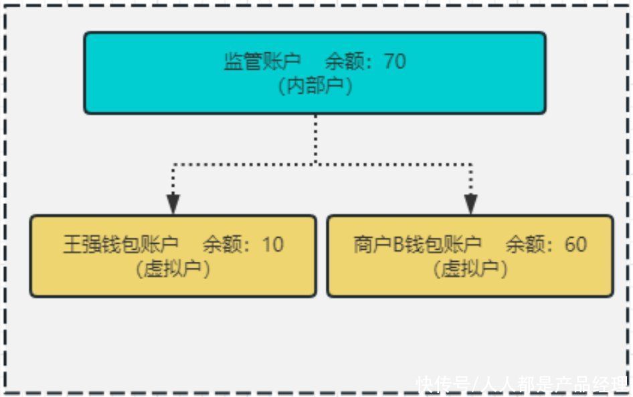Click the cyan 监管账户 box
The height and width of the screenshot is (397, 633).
pos(315,73)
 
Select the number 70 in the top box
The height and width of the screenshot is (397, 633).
pos(395,62)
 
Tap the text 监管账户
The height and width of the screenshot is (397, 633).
pos(262,62)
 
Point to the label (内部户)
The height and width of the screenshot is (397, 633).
pos(315,86)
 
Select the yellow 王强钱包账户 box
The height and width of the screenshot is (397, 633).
pos(173,256)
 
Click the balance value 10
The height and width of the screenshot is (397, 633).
pos(273,244)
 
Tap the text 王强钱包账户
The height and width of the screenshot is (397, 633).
pos(120,244)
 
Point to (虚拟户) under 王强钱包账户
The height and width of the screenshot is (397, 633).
pos(173,269)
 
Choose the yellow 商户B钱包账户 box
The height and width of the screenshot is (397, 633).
pos(470,256)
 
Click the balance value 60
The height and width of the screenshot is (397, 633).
pos(575,244)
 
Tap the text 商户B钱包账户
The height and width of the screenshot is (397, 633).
pos(418,244)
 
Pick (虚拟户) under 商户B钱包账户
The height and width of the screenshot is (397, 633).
pos(470,269)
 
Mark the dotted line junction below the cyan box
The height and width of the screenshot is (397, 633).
pos(316,164)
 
